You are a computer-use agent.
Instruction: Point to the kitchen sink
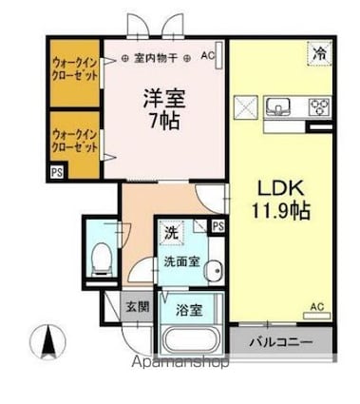[280, 105]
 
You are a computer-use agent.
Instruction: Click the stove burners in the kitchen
[319, 106]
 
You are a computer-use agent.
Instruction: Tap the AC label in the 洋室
[208, 57]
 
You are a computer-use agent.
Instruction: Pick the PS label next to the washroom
[218, 225]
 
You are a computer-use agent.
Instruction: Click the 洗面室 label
[180, 260]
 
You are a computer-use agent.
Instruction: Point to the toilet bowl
[101, 255]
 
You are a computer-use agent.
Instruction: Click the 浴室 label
[188, 310]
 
